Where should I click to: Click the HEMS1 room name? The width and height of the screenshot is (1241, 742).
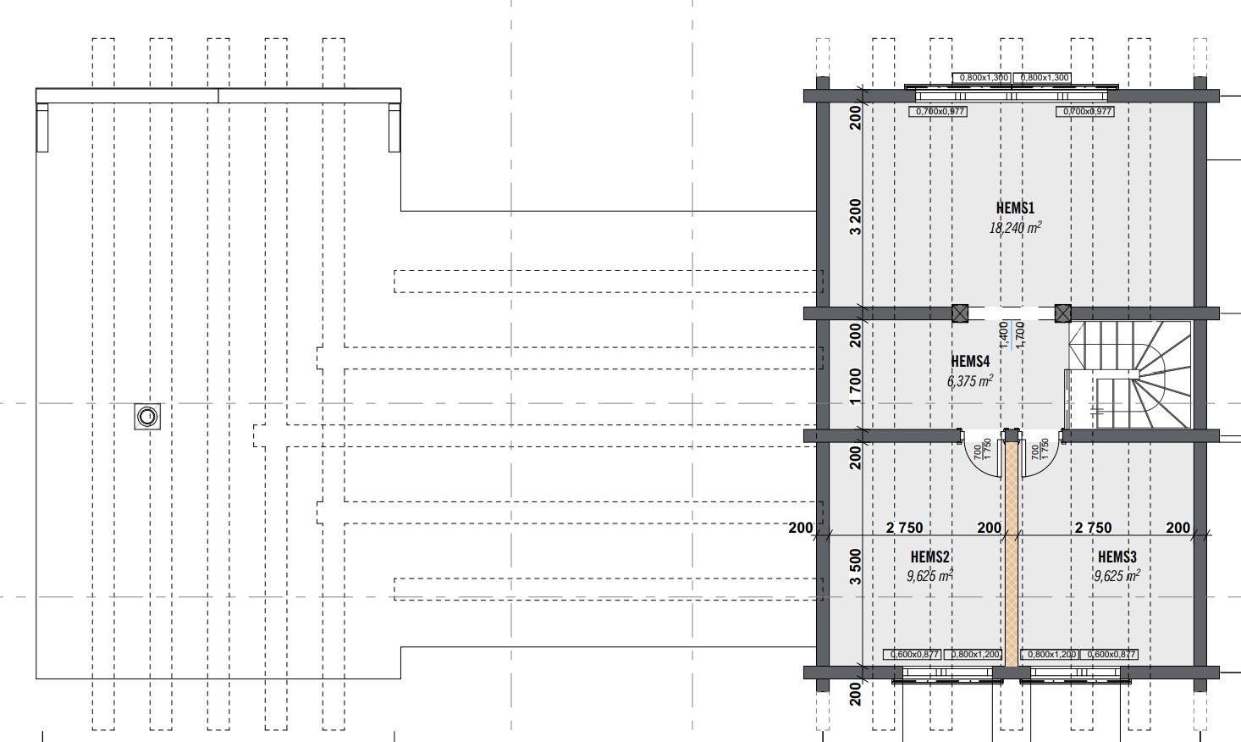pyautogui.click(x=1015, y=208)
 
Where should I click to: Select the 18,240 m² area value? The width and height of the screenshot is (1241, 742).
pyautogui.click(x=1015, y=227)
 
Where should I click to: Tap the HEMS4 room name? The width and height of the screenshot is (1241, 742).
pyautogui.click(x=970, y=361)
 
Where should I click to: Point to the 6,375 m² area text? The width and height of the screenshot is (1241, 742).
pyautogui.click(x=970, y=381)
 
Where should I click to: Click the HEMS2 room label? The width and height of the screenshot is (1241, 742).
pyautogui.click(x=929, y=556)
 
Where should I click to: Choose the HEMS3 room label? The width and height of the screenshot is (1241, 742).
pyautogui.click(x=1117, y=556)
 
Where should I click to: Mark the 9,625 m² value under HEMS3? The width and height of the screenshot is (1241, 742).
pyautogui.click(x=1117, y=576)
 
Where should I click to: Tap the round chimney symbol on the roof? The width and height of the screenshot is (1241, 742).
pyautogui.click(x=147, y=416)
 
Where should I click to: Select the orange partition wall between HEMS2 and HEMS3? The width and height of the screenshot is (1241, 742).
pyautogui.click(x=1012, y=551)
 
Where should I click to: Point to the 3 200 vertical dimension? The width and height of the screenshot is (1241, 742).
pyautogui.click(x=855, y=217)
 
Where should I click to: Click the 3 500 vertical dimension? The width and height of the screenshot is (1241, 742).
pyautogui.click(x=855, y=567)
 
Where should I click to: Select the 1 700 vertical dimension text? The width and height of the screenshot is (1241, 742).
pyautogui.click(x=855, y=385)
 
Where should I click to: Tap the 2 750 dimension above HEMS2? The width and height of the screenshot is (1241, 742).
pyautogui.click(x=904, y=528)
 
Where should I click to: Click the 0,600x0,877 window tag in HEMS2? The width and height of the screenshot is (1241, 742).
pyautogui.click(x=912, y=654)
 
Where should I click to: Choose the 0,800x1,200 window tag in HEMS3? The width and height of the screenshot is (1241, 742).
pyautogui.click(x=1050, y=654)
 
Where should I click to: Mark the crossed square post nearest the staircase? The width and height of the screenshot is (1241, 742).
pyautogui.click(x=1063, y=313)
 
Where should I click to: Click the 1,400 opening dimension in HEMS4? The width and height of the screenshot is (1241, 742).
pyautogui.click(x=1003, y=334)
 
